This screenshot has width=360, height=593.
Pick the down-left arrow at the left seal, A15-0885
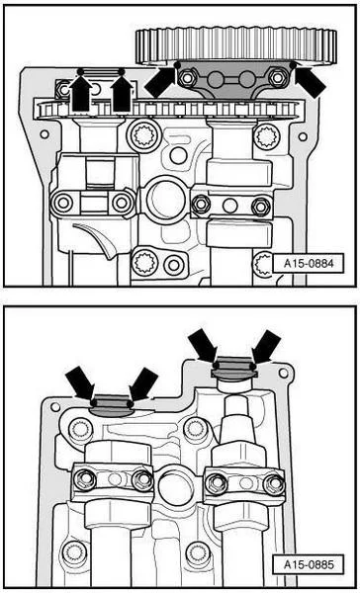(x=142, y=381)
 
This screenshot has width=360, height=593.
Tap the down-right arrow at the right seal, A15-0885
(x=204, y=344)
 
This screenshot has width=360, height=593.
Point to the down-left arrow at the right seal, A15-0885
(x=265, y=346)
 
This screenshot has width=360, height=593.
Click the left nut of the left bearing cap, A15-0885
(x=86, y=480)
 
